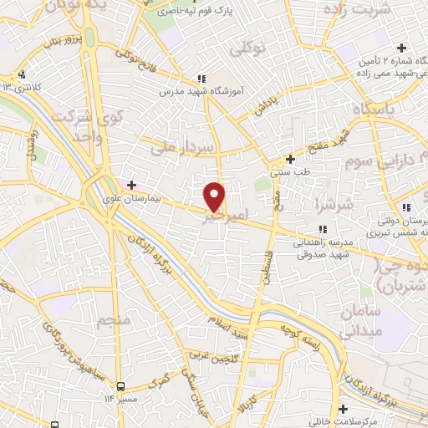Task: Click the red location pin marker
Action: tap(216, 196)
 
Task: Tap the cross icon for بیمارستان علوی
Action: tap(131, 183)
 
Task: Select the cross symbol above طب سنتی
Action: tap(290, 159)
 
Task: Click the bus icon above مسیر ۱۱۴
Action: tap(122, 386)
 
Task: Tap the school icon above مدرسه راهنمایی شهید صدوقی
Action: tap(322, 228)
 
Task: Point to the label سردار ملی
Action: tap(184, 147)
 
